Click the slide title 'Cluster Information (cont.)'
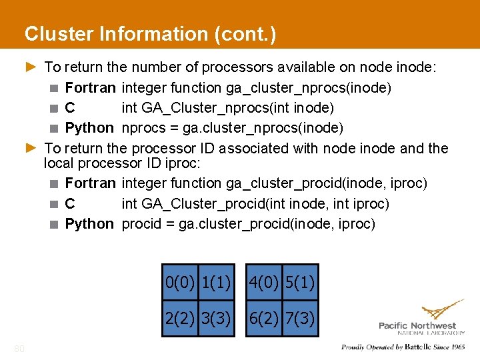(x=150, y=33)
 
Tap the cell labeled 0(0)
(x=180, y=283)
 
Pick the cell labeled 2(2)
(x=180, y=318)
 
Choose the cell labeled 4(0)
(x=264, y=283)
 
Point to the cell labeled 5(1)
(x=300, y=283)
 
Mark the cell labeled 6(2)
(x=264, y=318)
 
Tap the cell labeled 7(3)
(x=300, y=318)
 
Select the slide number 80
(x=19, y=347)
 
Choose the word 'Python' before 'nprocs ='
(x=89, y=127)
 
